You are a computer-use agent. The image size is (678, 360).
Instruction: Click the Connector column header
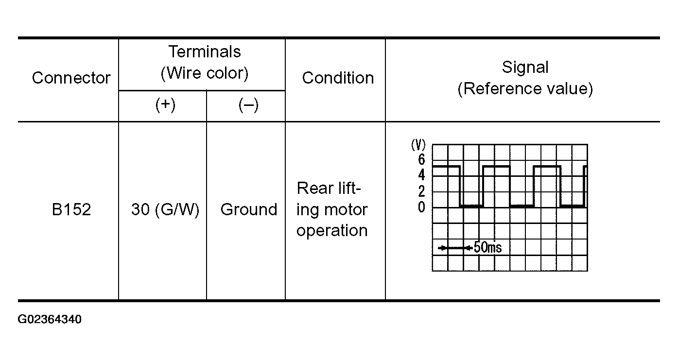[71, 78]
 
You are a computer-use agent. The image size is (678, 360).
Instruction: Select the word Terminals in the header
[204, 51]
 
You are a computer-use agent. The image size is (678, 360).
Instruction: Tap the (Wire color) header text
[204, 73]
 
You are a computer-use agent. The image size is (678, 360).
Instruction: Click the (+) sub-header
[165, 105]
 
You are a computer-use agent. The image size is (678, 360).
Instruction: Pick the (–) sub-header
[248, 105]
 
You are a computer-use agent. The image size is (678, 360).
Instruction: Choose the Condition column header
[338, 78]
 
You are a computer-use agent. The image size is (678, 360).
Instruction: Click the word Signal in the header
[525, 67]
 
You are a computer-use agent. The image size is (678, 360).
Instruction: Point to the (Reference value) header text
[525, 89]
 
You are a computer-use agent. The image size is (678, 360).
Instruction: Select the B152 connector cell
[71, 209]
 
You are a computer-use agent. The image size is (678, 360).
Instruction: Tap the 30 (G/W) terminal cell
[165, 209]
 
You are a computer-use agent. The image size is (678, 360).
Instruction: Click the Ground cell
[248, 209]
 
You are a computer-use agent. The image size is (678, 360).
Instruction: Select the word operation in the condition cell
[332, 230]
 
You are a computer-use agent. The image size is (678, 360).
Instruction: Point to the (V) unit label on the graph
[418, 145]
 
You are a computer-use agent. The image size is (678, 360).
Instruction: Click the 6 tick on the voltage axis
[421, 160]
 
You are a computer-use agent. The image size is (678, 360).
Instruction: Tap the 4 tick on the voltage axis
[421, 175]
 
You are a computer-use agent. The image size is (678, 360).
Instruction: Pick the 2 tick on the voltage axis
[421, 191]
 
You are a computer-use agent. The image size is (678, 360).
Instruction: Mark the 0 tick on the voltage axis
[421, 207]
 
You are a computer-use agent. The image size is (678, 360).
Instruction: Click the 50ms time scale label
[487, 248]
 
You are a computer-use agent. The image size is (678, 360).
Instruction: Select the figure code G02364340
[50, 320]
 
